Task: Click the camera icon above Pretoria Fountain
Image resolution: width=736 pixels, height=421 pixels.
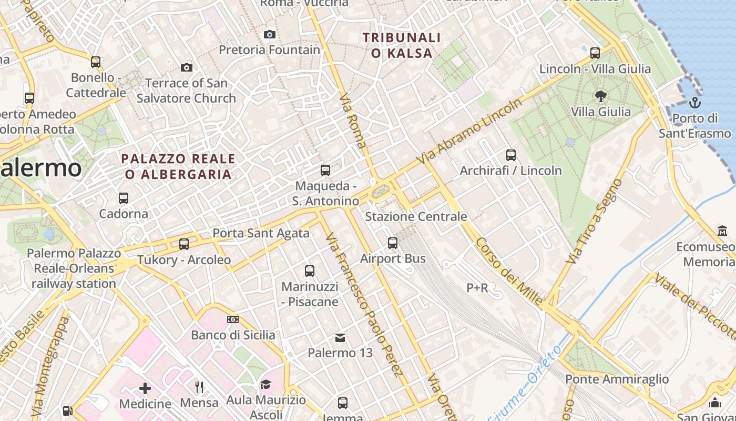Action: (269, 35)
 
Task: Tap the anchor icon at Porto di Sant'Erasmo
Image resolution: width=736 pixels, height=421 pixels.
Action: (695, 103)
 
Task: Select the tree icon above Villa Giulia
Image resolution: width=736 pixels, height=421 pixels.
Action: (600, 96)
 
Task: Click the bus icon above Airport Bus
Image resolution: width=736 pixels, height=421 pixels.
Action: (393, 243)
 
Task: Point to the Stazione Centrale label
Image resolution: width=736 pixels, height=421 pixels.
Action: (416, 216)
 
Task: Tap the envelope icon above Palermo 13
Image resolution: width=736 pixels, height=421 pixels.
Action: (340, 337)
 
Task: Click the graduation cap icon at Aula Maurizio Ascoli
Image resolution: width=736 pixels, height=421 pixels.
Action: (265, 385)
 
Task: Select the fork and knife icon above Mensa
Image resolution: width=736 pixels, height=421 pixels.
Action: (199, 387)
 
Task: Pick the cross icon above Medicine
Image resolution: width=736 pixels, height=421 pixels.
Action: (145, 389)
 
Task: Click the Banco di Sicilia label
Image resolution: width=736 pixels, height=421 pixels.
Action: (233, 335)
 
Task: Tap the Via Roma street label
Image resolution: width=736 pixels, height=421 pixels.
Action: (353, 121)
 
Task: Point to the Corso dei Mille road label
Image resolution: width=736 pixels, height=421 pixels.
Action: (509, 272)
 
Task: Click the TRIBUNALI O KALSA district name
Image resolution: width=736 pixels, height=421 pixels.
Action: (401, 45)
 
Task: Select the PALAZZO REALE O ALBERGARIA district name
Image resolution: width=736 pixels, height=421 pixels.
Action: (178, 166)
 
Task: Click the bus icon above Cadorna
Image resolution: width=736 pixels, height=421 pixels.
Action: (124, 198)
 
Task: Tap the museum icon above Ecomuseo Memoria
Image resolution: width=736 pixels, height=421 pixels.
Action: (722, 231)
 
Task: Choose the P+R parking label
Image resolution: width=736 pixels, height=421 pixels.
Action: (477, 288)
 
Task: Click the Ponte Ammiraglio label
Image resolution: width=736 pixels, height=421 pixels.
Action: (617, 379)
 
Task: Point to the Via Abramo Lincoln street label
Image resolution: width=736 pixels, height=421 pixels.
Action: (469, 132)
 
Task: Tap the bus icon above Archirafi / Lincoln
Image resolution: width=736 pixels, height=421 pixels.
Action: (510, 155)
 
